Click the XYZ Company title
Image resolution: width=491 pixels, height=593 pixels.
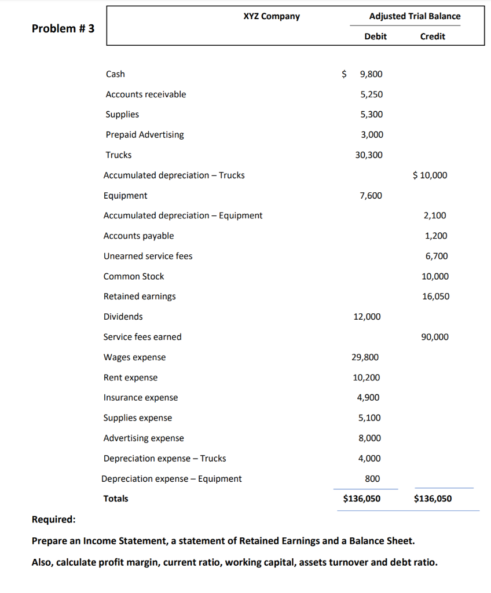[x=272, y=16]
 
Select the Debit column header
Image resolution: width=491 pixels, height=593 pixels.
[x=375, y=36]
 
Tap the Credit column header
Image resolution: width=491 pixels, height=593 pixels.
[x=432, y=36]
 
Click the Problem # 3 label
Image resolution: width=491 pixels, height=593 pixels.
[x=63, y=28]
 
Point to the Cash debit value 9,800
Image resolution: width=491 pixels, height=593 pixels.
[x=371, y=74]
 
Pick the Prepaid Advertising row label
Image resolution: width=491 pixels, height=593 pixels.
[x=145, y=135]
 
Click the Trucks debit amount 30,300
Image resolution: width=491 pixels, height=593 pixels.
[x=368, y=155]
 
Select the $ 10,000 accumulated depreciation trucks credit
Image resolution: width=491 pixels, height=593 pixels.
[x=430, y=175]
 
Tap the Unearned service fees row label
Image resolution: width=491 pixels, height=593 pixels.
[x=148, y=256]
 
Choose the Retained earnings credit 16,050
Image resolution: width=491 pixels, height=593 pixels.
[x=435, y=296]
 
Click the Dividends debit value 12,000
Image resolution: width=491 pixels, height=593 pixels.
[x=367, y=317]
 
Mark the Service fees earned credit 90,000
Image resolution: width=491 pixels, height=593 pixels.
[x=435, y=337]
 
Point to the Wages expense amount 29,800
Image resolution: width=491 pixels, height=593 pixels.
[x=366, y=357]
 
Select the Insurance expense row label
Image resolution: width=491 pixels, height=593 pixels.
[x=141, y=398]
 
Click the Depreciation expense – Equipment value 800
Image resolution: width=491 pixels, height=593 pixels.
[x=373, y=479]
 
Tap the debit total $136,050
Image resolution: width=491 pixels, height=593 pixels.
[x=362, y=499]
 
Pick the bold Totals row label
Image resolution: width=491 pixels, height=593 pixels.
[x=116, y=499]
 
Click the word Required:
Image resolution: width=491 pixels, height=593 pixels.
[x=53, y=519]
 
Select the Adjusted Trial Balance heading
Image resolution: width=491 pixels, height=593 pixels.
[x=415, y=16]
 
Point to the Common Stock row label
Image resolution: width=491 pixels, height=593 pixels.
[x=134, y=276]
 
